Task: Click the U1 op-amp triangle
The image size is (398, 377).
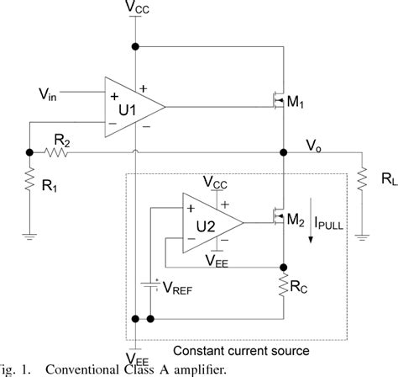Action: pyautogui.click(x=131, y=108)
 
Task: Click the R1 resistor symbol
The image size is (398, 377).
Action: pyautogui.click(x=29, y=183)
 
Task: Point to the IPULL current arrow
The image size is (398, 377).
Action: pyautogui.click(x=312, y=226)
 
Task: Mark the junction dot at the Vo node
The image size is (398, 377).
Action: pyautogui.click(x=285, y=153)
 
